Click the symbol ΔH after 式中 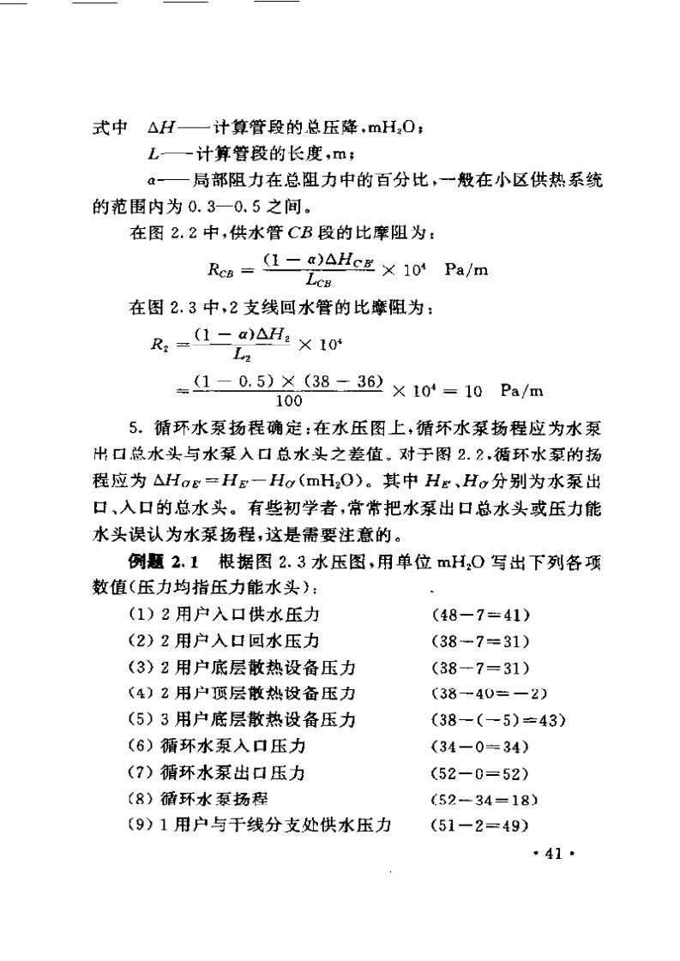point(160,129)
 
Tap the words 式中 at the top point(108,129)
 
